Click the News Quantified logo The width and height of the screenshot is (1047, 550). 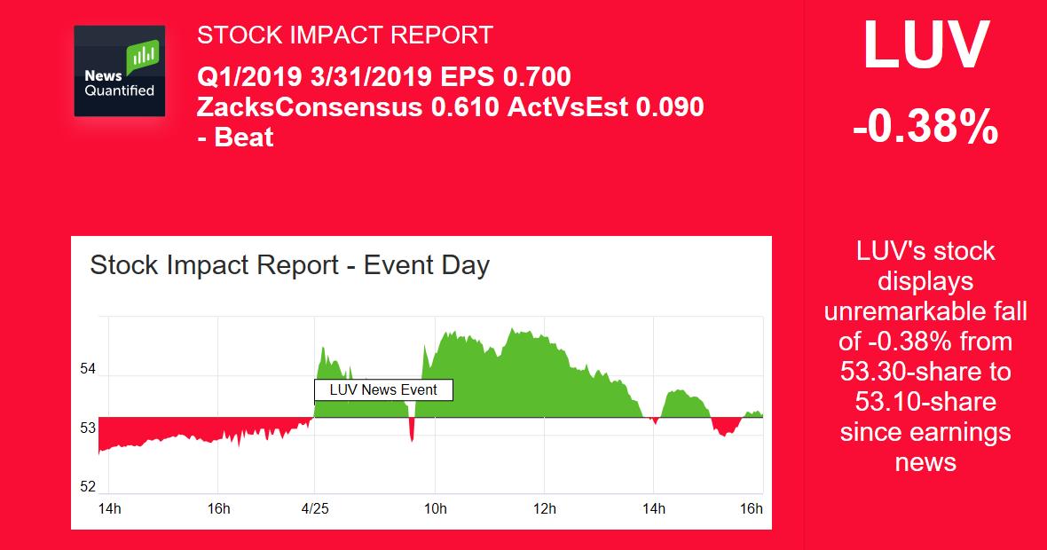pos(119,71)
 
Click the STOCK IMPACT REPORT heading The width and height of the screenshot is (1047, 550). pos(344,35)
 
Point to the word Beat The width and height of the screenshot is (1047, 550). pos(244,137)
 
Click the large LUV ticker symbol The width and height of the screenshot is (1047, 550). pos(925,44)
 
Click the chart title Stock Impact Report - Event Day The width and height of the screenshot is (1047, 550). pos(290,265)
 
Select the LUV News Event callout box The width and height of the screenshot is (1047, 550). pos(383,389)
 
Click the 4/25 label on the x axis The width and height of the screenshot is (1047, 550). pos(315,509)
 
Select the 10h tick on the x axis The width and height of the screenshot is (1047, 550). pos(435,509)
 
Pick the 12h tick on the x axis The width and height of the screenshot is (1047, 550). pos(544,509)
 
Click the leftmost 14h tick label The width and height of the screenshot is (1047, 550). pos(109,509)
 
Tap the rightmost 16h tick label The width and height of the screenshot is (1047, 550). pos(751,509)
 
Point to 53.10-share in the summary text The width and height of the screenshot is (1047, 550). pos(925,402)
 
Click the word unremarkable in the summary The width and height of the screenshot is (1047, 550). pos(925,311)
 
